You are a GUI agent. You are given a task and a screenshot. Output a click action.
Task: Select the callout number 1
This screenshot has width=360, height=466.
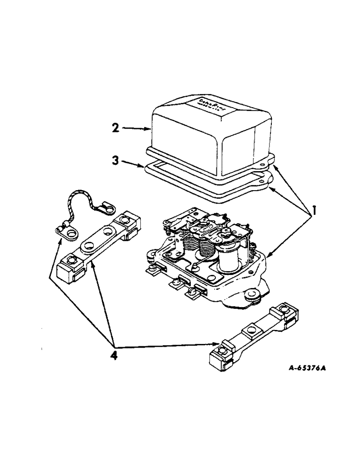pyautogui.click(x=315, y=211)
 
